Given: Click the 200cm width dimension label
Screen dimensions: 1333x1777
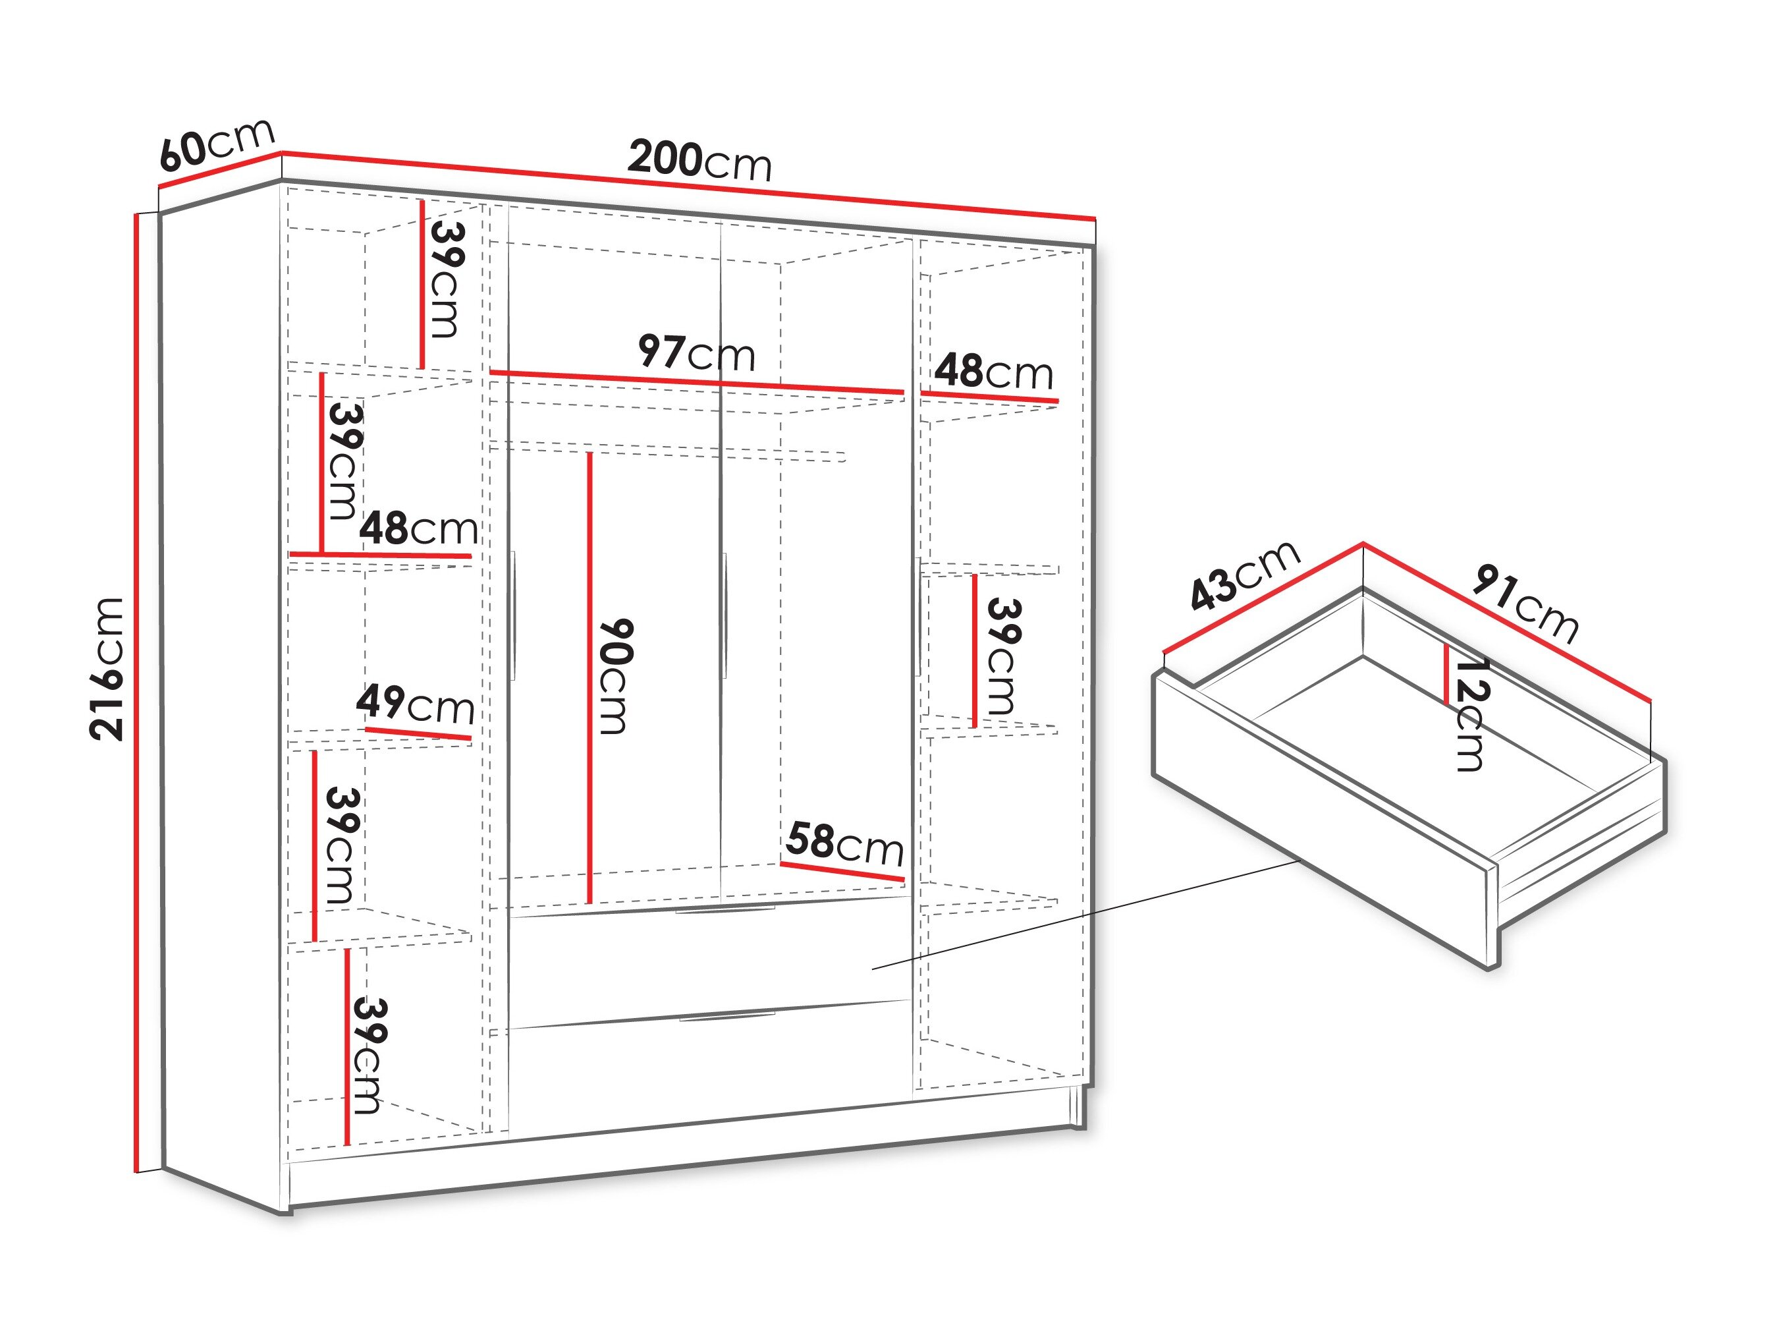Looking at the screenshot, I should (699, 160).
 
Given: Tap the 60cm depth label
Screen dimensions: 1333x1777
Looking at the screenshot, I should (217, 144).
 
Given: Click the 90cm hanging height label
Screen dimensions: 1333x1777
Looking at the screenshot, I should (616, 676).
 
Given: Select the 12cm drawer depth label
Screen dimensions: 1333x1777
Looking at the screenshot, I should (1472, 714).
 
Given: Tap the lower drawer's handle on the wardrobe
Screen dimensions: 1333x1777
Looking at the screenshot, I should (728, 1018).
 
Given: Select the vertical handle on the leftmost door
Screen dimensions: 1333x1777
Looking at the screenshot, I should (512, 615).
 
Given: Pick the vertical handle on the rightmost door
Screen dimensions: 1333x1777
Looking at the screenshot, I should (917, 615).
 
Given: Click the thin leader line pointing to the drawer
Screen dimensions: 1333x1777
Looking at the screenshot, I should (1085, 915).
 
